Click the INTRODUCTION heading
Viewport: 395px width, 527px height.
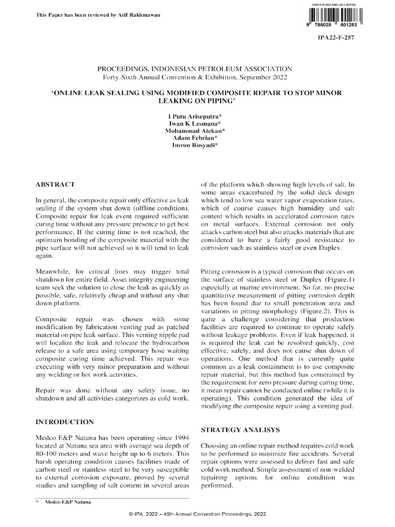tap(64, 421)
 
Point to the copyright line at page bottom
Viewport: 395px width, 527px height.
tap(197, 515)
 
